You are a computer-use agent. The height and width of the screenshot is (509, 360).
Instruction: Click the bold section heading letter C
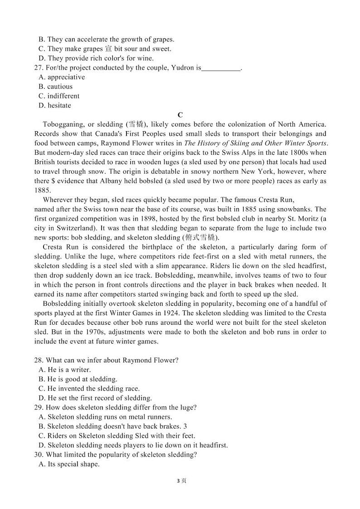tap(180, 115)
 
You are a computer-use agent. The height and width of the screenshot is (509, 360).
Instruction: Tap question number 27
tap(38, 68)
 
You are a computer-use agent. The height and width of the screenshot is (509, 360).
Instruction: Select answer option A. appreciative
tap(62, 77)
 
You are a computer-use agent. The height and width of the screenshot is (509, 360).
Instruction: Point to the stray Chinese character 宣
tap(108, 49)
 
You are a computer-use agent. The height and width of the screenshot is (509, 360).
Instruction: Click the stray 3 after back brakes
tap(185, 426)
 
